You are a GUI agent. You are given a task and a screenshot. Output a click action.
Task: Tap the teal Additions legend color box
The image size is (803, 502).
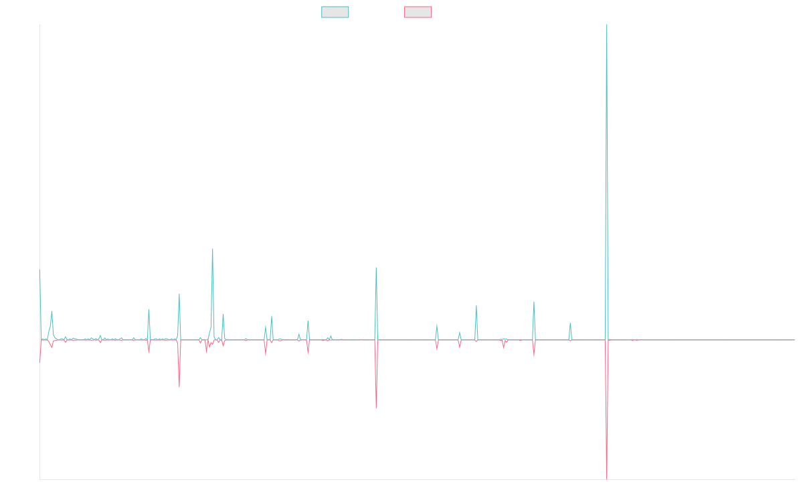click(335, 12)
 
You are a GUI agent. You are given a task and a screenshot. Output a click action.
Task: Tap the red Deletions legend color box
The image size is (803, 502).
click(418, 12)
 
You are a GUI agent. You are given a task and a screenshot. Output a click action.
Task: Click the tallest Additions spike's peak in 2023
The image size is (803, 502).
click(606, 25)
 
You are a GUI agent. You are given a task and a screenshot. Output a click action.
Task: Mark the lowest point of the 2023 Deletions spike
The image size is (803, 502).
click(606, 478)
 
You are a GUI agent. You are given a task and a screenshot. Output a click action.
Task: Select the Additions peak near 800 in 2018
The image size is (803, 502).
click(213, 249)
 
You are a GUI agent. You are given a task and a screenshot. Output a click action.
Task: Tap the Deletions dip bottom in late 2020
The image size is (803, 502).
click(376, 408)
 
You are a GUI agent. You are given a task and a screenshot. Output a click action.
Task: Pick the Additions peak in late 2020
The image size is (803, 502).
click(376, 268)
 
